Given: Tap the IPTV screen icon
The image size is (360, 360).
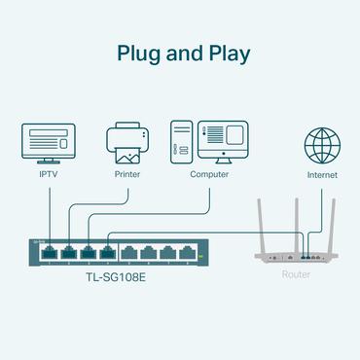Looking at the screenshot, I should coord(48,142).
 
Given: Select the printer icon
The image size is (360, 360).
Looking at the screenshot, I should coord(128,141).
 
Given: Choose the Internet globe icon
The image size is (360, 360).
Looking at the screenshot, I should coord(322,144).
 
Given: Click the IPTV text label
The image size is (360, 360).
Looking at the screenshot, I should coord(48,174).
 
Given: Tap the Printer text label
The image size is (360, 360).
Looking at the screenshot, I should coord(128,174).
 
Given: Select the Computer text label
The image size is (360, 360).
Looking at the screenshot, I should coord(210,174).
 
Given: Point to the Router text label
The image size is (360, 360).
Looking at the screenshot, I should coord(297,275).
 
